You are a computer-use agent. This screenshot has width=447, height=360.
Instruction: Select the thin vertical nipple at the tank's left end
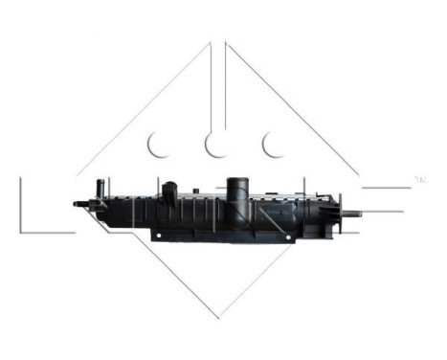99,186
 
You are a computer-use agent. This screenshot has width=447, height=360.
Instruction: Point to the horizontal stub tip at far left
77,203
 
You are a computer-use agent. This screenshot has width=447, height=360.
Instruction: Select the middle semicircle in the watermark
217,145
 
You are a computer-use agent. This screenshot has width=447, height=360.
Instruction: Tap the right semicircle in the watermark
276,145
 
